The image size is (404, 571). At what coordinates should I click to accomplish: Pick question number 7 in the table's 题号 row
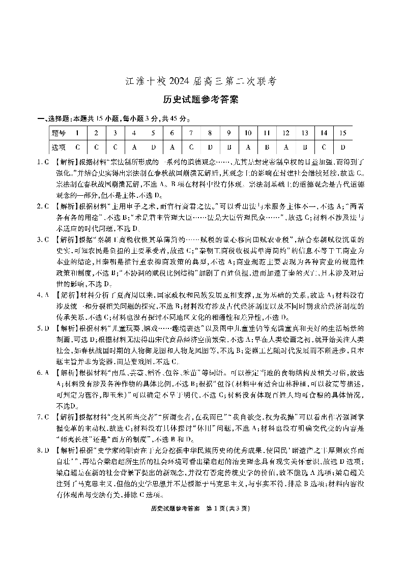pos(191,133)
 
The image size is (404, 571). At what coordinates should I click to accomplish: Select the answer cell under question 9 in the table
pos(229,147)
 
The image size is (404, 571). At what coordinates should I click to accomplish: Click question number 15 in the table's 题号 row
pos(342,133)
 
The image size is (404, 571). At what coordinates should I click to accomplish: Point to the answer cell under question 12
pos(285,147)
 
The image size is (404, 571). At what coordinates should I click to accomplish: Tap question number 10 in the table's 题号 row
pos(248,133)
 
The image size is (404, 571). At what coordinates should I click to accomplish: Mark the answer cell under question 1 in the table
pos(77,147)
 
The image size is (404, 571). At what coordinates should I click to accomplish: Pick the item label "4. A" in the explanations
pos(43,294)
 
